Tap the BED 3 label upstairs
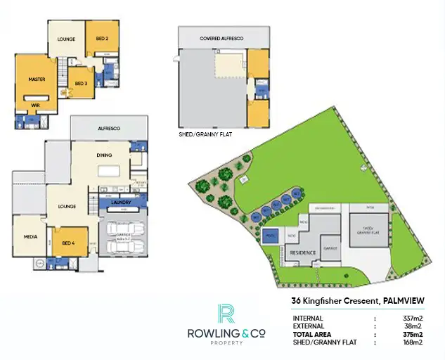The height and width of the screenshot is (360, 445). pyautogui.click(x=81, y=84)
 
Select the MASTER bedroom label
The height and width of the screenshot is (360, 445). pyautogui.click(x=37, y=79)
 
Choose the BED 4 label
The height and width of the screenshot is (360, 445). pyautogui.click(x=68, y=242)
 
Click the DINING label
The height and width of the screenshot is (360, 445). pyautogui.click(x=104, y=156)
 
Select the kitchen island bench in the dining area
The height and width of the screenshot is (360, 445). pyautogui.click(x=108, y=171)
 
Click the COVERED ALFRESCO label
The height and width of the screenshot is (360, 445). pyautogui.click(x=221, y=38)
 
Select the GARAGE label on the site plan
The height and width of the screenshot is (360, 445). pyautogui.click(x=330, y=248)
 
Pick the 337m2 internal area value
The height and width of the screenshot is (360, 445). pyautogui.click(x=411, y=318)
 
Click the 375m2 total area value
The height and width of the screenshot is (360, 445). pyautogui.click(x=411, y=334)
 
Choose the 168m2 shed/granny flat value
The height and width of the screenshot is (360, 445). pyautogui.click(x=411, y=342)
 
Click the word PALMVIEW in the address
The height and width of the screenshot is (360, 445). pyautogui.click(x=403, y=300)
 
